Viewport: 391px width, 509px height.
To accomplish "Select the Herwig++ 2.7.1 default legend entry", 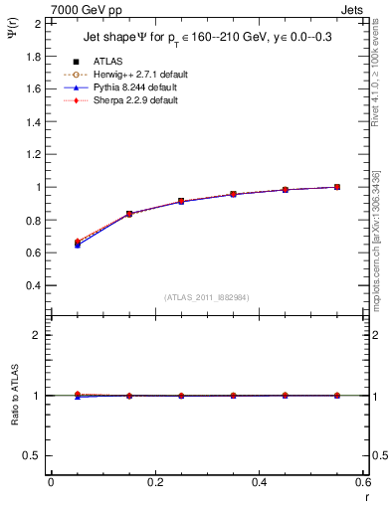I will coord(134,74).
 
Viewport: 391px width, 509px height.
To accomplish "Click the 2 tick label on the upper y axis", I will coord(41,23).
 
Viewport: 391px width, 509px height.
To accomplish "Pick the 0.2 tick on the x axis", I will coord(154,482).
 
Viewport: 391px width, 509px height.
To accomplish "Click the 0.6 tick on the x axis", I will coord(363,482).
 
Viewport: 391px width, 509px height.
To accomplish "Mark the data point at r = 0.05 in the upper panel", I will coord(77,243).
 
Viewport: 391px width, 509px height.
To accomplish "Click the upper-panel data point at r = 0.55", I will coord(337,187).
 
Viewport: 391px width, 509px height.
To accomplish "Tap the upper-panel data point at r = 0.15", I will coord(128,214).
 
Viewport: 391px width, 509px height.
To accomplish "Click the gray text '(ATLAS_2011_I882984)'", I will coord(206,297).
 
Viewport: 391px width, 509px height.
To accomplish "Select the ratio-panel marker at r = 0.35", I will coord(233,396).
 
